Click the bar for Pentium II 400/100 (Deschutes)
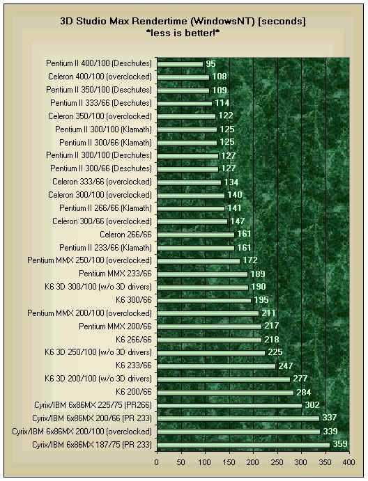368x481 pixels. pos(181,64)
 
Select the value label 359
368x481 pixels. pos(339,444)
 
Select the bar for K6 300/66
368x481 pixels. pos(204,300)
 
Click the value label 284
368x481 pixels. pos(304,392)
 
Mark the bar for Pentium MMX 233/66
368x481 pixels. pos(201,274)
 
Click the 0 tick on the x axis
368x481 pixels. pos(157,461)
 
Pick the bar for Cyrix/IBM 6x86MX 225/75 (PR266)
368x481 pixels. pos(229,405)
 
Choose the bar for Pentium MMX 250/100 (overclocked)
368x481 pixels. pos(198,261)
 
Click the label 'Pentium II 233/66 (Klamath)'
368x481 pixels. pos(105,248)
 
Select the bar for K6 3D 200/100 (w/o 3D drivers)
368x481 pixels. pos(223,379)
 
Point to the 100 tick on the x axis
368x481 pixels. pos(205,461)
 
